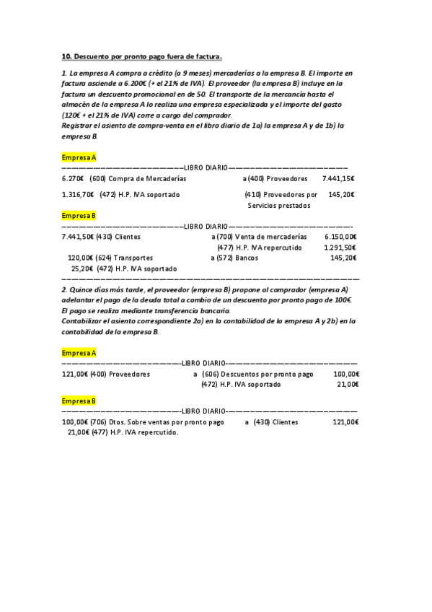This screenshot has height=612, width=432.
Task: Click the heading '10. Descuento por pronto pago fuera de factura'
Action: [x=141, y=56]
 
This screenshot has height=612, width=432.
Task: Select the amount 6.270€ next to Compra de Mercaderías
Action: [x=73, y=178]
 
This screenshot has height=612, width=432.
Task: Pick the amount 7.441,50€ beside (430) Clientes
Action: [x=78, y=237]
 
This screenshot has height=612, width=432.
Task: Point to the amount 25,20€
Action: [x=83, y=268]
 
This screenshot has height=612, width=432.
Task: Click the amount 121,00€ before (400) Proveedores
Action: [x=75, y=375]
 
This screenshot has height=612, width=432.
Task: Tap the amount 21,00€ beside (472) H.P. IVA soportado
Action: [x=348, y=385]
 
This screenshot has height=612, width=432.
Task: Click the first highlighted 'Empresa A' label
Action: [x=79, y=157]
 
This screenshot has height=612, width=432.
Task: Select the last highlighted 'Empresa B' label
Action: [x=79, y=401]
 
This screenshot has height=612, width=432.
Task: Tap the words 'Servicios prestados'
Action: [x=278, y=205]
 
